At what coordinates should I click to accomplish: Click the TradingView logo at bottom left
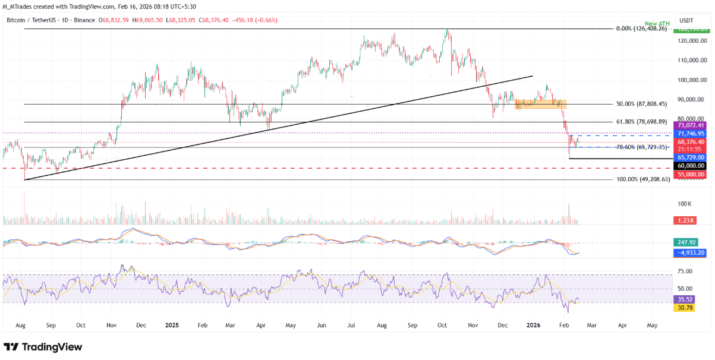point(43,347)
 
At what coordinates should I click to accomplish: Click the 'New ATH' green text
point(657,24)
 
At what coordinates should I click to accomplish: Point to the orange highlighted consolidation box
point(540,104)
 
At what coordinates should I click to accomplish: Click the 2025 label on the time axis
point(172,326)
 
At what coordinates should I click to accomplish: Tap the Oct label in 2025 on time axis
point(442,326)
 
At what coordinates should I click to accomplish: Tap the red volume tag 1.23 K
point(685,220)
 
